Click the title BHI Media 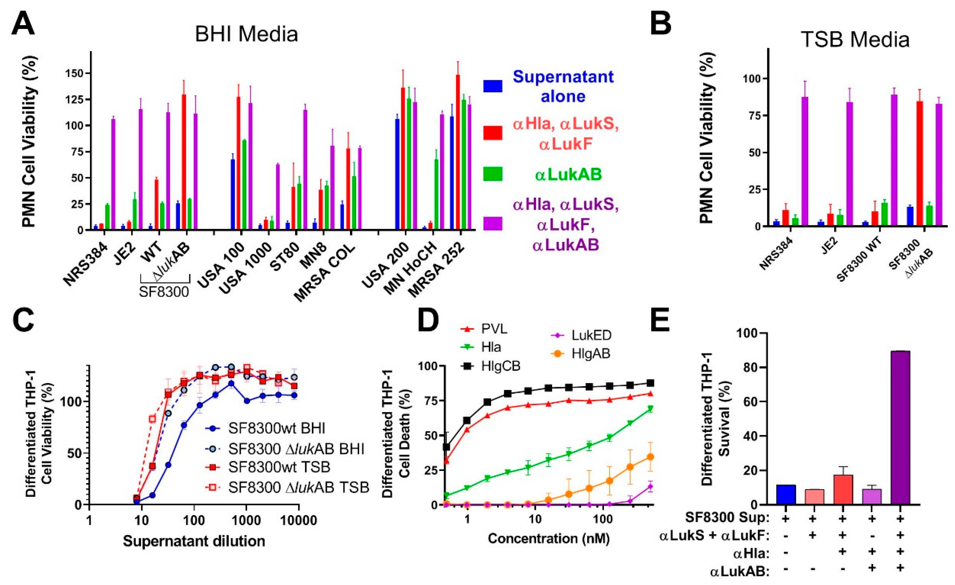click(246, 34)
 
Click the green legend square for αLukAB click(493, 174)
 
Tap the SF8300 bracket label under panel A click(164, 292)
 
